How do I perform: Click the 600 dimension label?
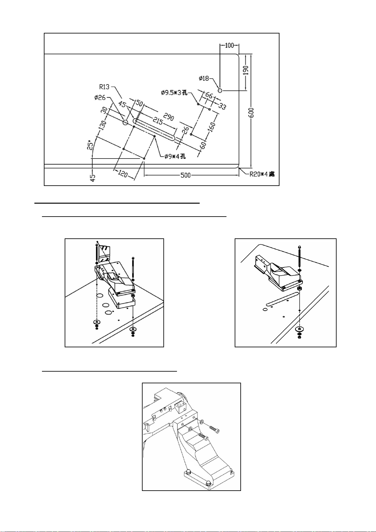[252, 113]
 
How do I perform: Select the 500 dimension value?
[185, 175]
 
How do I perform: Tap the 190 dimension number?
[246, 70]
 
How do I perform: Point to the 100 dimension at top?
[229, 45]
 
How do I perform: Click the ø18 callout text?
[204, 78]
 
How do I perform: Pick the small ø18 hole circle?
[220, 90]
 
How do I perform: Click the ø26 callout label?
[99, 97]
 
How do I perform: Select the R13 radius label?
[104, 87]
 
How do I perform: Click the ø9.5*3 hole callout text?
[174, 93]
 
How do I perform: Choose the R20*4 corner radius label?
[262, 174]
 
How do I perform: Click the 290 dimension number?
[169, 117]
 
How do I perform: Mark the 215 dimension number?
[157, 121]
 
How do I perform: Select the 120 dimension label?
[123, 174]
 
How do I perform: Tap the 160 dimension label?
[212, 126]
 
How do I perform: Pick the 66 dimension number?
[209, 96]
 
